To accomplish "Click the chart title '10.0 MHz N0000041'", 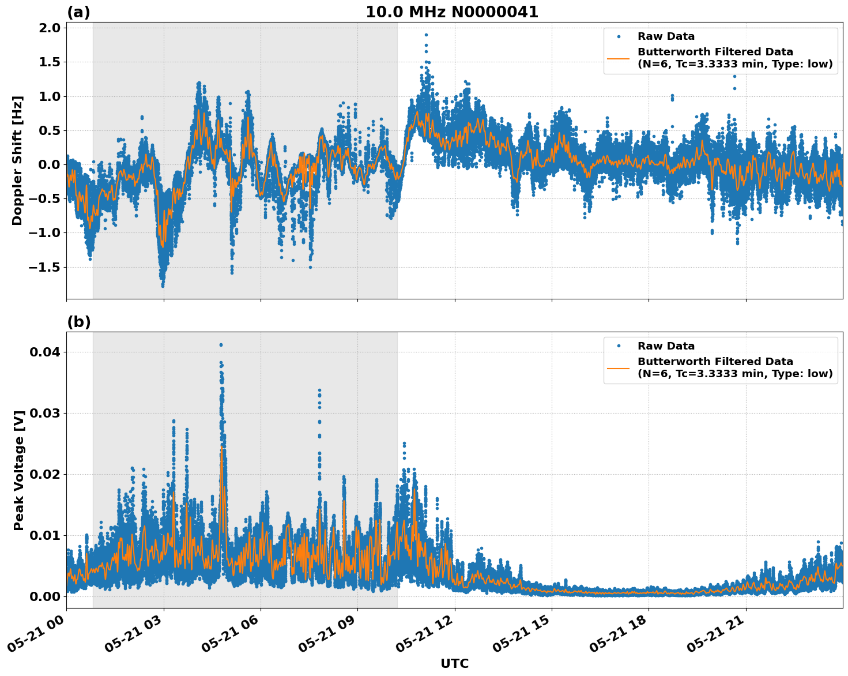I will [x=452, y=12].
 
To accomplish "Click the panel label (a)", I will [x=78, y=12].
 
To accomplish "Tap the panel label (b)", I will [x=78, y=322].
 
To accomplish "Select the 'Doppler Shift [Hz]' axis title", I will [x=17, y=160].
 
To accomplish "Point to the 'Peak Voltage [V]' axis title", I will [x=19, y=470].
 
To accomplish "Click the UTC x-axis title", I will [x=454, y=664].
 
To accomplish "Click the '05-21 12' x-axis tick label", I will [x=427, y=637].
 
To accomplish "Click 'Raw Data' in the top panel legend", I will [x=666, y=36].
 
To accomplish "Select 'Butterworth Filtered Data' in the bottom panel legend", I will [x=715, y=362].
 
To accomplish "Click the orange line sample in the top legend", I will [x=618, y=58].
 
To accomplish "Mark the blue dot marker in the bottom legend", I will [x=618, y=346].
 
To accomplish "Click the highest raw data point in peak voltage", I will [x=221, y=345].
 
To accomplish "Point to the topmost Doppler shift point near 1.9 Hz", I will [x=426, y=35].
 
